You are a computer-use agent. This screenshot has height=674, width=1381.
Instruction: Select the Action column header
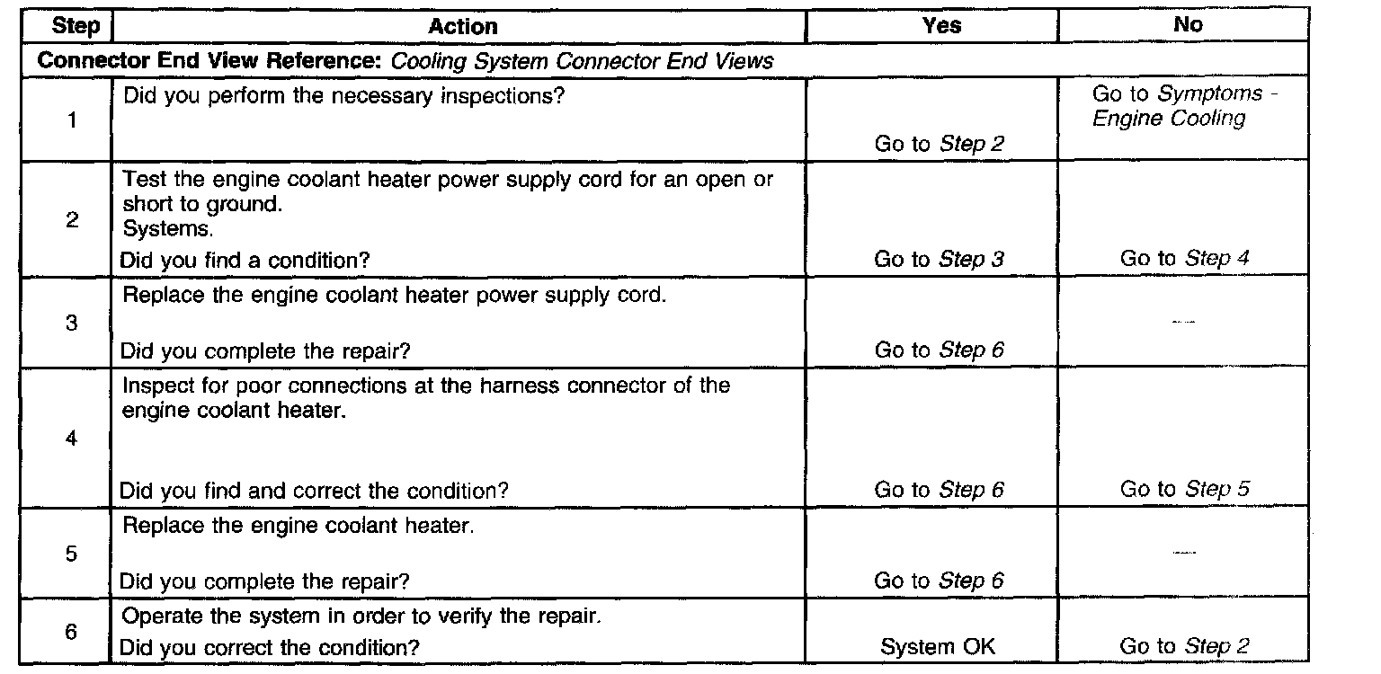[463, 25]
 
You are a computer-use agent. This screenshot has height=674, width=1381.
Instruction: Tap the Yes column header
[941, 25]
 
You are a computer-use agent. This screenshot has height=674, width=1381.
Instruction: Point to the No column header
[1188, 25]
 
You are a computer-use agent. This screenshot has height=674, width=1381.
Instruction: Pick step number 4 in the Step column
[71, 439]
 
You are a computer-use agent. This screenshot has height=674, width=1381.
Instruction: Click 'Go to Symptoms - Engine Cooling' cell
[1185, 106]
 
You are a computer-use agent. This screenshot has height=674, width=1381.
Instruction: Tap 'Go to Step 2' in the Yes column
[939, 142]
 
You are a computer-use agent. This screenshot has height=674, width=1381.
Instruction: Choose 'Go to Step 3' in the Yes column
[939, 260]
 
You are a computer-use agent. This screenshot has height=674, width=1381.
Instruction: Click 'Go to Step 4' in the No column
[1184, 259]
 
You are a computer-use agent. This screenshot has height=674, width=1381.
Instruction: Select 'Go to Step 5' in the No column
[1184, 490]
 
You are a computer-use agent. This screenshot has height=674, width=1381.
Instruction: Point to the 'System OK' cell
[938, 646]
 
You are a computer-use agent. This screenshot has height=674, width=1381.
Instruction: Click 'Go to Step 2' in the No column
[1184, 646]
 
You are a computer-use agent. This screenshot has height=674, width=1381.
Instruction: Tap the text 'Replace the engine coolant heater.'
[298, 526]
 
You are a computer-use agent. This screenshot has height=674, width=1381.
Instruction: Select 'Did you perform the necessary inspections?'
[343, 95]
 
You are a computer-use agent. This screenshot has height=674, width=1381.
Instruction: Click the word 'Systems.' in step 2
[163, 229]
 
